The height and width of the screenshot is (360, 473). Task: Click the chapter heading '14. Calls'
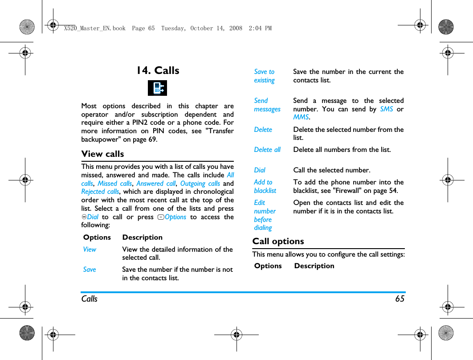pyautogui.click(x=158, y=70)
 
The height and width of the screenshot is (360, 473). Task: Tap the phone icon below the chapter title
pyautogui.click(x=157, y=88)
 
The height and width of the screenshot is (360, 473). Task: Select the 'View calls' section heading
pyautogui.click(x=103, y=154)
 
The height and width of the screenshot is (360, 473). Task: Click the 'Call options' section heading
pyautogui.click(x=278, y=241)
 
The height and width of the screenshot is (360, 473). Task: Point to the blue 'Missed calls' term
pyautogui.click(x=114, y=184)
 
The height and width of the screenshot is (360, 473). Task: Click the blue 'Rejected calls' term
pyautogui.click(x=100, y=192)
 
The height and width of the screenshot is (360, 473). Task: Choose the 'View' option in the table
pyautogui.click(x=90, y=250)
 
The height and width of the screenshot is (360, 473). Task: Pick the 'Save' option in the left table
pyautogui.click(x=90, y=270)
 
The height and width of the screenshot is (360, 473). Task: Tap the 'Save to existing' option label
pyautogui.click(x=264, y=76)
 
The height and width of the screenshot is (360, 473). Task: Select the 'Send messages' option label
pyautogui.click(x=267, y=105)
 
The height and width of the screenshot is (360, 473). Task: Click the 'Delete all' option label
pyautogui.click(x=267, y=150)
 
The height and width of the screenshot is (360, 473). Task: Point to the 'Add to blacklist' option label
pyautogui.click(x=265, y=186)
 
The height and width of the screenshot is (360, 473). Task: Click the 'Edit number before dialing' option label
pyautogui.click(x=265, y=215)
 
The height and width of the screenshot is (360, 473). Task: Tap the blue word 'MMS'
pyautogui.click(x=301, y=117)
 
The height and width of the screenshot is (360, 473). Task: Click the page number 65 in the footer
pyautogui.click(x=400, y=299)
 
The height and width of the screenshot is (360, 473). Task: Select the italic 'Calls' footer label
pyautogui.click(x=89, y=299)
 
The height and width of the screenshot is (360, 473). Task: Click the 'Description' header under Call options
pyautogui.click(x=314, y=266)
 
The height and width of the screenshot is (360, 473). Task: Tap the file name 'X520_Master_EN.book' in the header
pyautogui.click(x=94, y=28)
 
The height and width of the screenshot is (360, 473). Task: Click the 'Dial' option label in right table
pyautogui.click(x=260, y=170)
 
